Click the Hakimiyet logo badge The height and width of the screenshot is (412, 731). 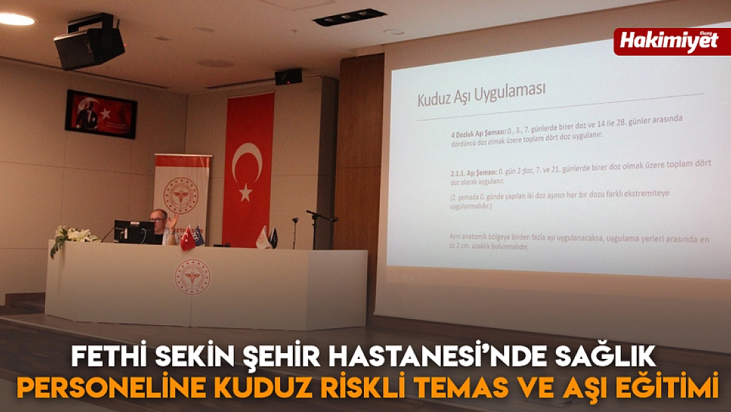(671, 41)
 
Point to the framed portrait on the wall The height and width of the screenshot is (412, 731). (101, 113)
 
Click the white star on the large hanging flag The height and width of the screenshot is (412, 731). (246, 192)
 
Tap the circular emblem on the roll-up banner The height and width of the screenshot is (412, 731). (181, 196)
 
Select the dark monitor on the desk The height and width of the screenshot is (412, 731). (133, 232)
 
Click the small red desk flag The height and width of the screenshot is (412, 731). (187, 238)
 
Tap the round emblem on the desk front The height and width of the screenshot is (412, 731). (192, 277)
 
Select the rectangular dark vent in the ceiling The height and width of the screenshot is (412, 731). (349, 17)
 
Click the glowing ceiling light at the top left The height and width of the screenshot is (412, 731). (16, 19)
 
